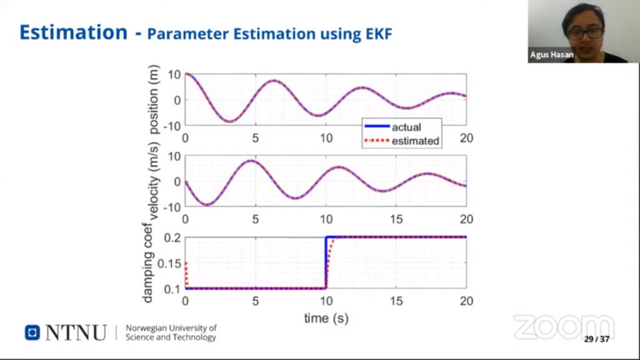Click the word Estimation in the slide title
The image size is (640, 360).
coord(72,32)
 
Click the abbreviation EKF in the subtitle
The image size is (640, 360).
coord(377,34)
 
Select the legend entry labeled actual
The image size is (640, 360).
coord(406,127)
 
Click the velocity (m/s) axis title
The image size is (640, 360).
coord(155,181)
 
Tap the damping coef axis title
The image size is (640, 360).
coord(147,262)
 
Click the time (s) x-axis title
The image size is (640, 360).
coord(326,318)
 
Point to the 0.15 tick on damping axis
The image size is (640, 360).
coord(169,263)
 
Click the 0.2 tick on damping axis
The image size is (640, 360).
coord(172,238)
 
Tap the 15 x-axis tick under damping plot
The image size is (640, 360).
coord(396,301)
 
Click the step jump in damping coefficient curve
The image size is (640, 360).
coord(326,262)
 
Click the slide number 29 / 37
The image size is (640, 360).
coord(596,339)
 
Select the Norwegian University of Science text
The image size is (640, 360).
coord(171,332)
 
